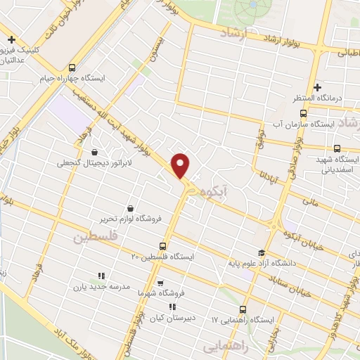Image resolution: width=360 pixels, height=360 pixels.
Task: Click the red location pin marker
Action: pyautogui.click(x=181, y=166)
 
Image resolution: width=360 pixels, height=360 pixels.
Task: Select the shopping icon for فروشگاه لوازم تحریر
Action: pyautogui.click(x=131, y=208)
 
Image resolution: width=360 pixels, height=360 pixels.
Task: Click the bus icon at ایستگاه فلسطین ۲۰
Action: pyautogui.click(x=162, y=246)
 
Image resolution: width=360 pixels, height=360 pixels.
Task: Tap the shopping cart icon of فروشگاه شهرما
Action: pyautogui.click(x=161, y=283)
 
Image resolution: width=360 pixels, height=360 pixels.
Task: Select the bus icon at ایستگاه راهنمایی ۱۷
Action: pyautogui.click(x=243, y=309)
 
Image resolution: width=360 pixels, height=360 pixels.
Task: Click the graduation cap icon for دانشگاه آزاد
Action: pyautogui.click(x=262, y=253)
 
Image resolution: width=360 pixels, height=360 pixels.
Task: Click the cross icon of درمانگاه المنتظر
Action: pyautogui.click(x=318, y=88)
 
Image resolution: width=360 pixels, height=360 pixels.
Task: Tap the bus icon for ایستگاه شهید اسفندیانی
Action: pyautogui.click(x=337, y=148)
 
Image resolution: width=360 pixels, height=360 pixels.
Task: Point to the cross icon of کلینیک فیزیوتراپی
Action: pyautogui.click(x=10, y=39)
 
